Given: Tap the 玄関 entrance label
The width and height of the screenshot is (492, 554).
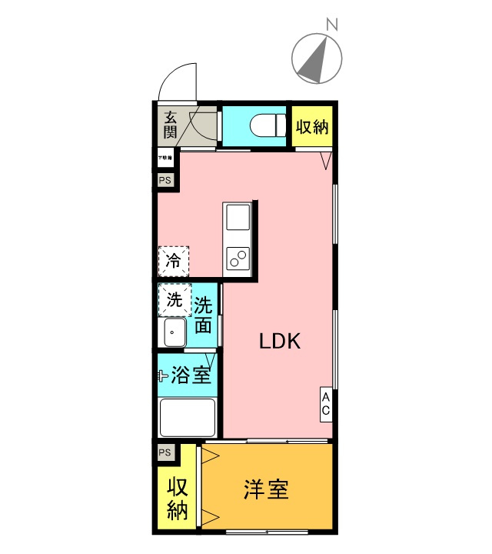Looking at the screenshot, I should pos(171,125).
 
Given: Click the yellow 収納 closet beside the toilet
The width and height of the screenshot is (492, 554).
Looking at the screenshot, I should pos(313,126).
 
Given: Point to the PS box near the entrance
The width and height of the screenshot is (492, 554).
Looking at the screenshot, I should pos(165,180).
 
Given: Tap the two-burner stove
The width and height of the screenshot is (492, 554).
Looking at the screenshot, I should pos(237,258).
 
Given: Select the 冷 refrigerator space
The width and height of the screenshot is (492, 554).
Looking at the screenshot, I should pos(174,260).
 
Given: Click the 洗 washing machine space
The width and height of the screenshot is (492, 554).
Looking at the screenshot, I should pos(175,300).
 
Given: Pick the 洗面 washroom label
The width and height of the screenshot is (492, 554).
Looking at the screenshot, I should pos(203,315).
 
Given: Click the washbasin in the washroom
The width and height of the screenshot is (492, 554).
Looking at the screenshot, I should pos(174,333).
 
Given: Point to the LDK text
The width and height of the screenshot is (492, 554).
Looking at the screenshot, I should pos(278,342).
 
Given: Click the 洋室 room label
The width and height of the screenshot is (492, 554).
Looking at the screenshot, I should pos(267,489).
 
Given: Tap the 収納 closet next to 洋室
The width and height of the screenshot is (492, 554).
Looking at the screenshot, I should pos(177,499).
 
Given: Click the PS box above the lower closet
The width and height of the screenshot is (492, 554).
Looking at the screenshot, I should pos(165,452).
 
